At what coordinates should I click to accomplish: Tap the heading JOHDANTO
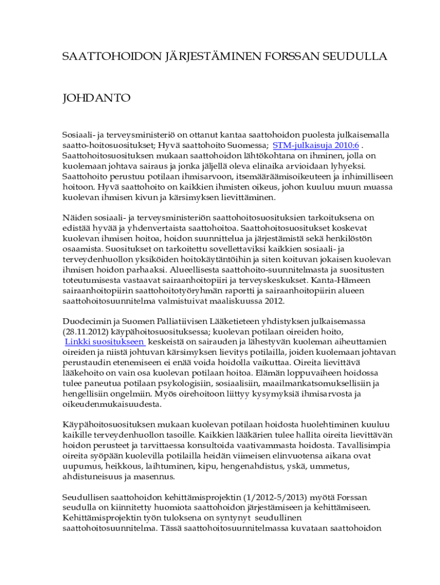[97, 98]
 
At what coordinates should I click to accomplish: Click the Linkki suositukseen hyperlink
[105, 342]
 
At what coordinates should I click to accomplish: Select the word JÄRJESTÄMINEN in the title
[195, 56]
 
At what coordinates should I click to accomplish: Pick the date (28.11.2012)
[86, 331]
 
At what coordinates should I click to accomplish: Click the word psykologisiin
[186, 383]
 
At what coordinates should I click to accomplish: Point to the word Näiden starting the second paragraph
[76, 218]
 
